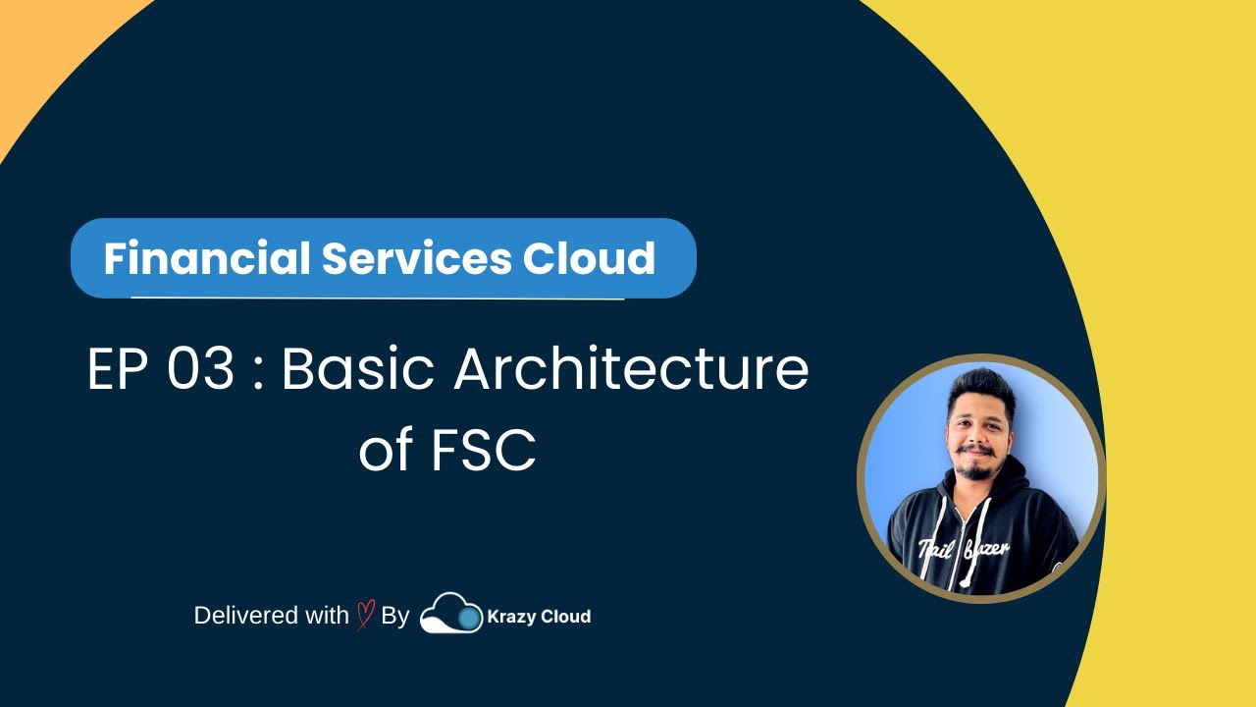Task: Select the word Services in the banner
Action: tap(417, 258)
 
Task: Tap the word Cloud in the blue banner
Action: tap(589, 258)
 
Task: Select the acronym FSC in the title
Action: tap(483, 451)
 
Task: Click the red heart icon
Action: tap(365, 616)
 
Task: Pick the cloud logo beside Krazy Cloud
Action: tap(451, 613)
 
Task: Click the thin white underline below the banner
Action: tap(378, 298)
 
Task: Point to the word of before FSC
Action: tap(386, 451)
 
